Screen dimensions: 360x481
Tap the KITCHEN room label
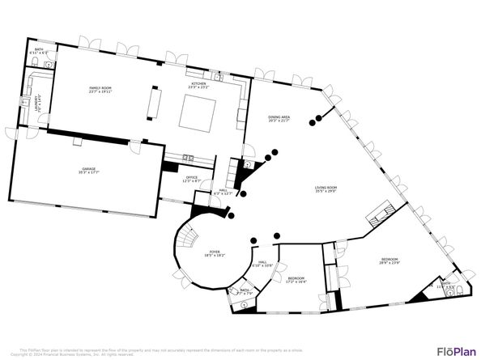pyautogui.click(x=198, y=85)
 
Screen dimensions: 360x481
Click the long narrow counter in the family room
pyautogui.click(x=155, y=103)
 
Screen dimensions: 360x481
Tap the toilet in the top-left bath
pyautogui.click(x=48, y=64)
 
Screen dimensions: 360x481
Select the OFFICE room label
pyautogui.click(x=192, y=179)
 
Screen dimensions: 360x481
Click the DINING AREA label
pyautogui.click(x=279, y=119)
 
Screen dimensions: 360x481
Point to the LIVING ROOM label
pyautogui.click(x=326, y=190)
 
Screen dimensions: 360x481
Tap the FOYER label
pyautogui.click(x=215, y=253)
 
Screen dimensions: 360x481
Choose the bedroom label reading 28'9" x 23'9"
pyautogui.click(x=389, y=261)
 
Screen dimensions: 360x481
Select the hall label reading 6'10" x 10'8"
pyautogui.click(x=264, y=264)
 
